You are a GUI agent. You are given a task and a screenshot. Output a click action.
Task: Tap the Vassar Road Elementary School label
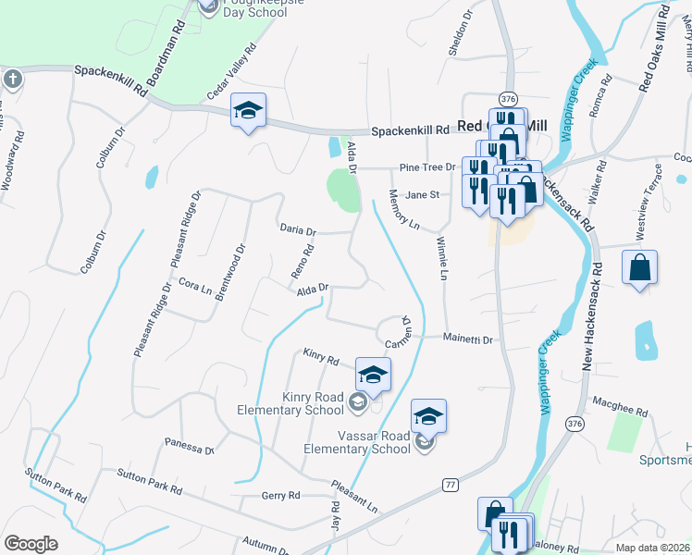tap(357, 442)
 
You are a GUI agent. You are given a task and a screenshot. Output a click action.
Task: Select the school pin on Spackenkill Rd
tap(248, 110)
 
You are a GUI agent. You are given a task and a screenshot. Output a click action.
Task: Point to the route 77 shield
tap(451, 485)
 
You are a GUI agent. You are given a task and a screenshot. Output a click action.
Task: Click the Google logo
tap(31, 544)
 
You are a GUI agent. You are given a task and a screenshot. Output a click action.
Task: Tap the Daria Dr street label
tap(298, 229)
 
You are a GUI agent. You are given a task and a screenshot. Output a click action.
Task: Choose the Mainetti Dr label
tap(468, 339)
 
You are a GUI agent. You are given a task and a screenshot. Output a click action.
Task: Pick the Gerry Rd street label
tap(281, 496)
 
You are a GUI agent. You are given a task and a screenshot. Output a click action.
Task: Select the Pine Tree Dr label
tap(427, 167)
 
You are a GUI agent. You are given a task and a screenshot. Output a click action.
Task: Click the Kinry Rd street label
tap(321, 356)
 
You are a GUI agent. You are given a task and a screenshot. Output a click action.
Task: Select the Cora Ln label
tap(195, 288)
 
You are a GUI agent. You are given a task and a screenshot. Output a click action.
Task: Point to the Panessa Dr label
tap(189, 446)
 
